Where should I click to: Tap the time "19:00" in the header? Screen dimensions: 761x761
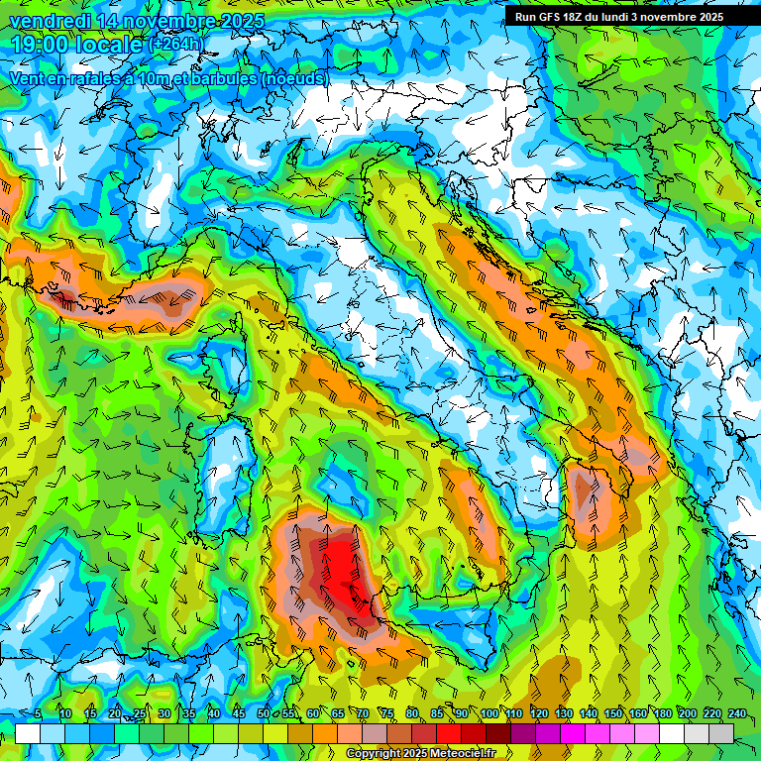pos(43,46)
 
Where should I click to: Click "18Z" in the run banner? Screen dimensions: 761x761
pos(580,17)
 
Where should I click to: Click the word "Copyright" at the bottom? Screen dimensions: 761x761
pos(374,754)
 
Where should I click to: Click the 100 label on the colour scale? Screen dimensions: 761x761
pos(489,714)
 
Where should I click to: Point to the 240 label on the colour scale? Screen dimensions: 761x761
pos(736,714)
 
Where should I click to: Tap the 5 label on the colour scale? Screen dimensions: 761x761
pos(38,714)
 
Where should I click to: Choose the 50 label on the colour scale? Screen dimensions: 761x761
pos(263,714)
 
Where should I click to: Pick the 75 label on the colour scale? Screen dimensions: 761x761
pos(387,714)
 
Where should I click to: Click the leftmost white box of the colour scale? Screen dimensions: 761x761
pos(28,733)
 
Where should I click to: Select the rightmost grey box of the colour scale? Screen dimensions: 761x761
pos(722,733)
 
